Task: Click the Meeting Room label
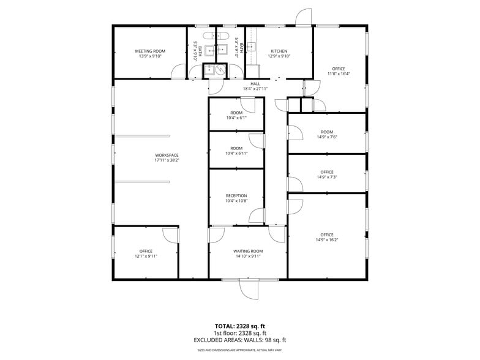click(x=150, y=51)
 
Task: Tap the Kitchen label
click(x=279, y=51)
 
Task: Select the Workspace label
click(x=167, y=156)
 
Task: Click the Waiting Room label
click(x=248, y=251)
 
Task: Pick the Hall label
click(x=255, y=84)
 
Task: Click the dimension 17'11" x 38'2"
click(x=167, y=161)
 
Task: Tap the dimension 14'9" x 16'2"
click(x=327, y=240)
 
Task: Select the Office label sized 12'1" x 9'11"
click(x=146, y=251)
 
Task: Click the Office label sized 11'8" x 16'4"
click(x=339, y=69)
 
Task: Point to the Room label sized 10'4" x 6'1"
click(x=236, y=113)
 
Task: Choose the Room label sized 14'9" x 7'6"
click(x=327, y=132)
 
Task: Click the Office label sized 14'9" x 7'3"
click(x=327, y=172)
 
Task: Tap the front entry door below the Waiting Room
click(x=248, y=288)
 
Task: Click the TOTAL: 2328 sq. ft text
click(x=240, y=326)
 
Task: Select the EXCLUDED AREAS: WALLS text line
click(x=240, y=340)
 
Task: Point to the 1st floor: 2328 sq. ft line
click(x=240, y=333)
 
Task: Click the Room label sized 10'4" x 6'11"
click(x=236, y=148)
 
